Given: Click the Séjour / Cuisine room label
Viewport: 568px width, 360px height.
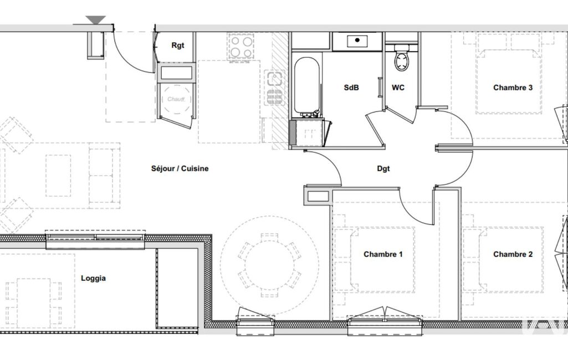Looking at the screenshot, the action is (180, 168).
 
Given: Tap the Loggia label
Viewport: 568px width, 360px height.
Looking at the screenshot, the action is (94, 279).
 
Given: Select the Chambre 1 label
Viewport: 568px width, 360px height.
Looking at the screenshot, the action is (383, 254).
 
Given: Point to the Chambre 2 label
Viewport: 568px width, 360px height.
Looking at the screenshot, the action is (513, 254).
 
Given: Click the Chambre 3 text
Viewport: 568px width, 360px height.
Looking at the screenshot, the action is (513, 88).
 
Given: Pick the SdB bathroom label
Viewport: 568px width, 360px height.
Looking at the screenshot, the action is (351, 88).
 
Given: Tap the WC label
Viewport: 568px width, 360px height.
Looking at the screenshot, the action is (398, 88).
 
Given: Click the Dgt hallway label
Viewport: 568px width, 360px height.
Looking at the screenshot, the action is (383, 169).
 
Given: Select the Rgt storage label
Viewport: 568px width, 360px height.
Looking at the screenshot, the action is (177, 45).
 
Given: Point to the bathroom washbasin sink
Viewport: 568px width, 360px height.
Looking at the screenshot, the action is (357, 40).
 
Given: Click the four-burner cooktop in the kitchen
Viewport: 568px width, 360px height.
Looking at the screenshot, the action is (241, 47).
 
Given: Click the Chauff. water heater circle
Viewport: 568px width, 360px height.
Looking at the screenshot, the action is (176, 99).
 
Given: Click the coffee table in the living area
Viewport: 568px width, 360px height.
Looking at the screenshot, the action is (58, 176).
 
